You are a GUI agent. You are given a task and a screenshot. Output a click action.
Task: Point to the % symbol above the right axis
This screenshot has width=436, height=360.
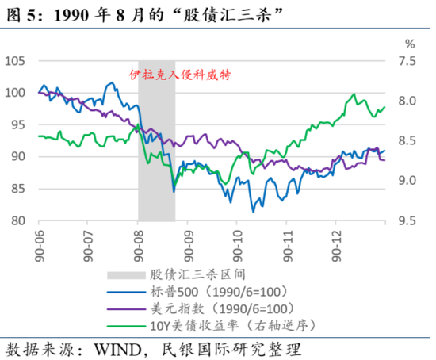(409, 44)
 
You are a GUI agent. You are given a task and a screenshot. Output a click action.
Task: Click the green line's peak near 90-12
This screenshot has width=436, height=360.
(352, 94)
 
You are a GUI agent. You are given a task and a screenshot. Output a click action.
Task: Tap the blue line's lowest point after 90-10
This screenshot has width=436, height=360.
(254, 211)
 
